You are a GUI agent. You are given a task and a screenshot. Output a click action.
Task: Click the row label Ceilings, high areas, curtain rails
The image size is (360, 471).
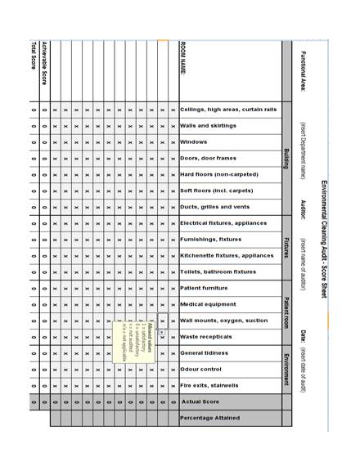tap(228, 109)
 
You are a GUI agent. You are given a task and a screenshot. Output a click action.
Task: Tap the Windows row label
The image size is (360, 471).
tap(194, 141)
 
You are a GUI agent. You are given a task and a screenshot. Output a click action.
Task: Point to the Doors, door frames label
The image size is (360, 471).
tap(208, 158)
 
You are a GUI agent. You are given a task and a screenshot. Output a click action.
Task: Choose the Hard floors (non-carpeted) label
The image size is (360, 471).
tap(218, 174)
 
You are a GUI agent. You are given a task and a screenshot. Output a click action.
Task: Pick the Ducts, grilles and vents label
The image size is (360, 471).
tap(214, 207)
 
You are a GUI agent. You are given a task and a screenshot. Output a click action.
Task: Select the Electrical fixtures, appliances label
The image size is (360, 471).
tap(223, 222)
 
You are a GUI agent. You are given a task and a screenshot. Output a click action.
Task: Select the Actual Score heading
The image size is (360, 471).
tap(201, 401)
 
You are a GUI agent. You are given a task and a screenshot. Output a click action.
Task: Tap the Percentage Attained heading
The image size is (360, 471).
tap(210, 418)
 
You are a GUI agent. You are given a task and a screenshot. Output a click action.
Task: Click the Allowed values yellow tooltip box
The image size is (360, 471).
tap(135, 340)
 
